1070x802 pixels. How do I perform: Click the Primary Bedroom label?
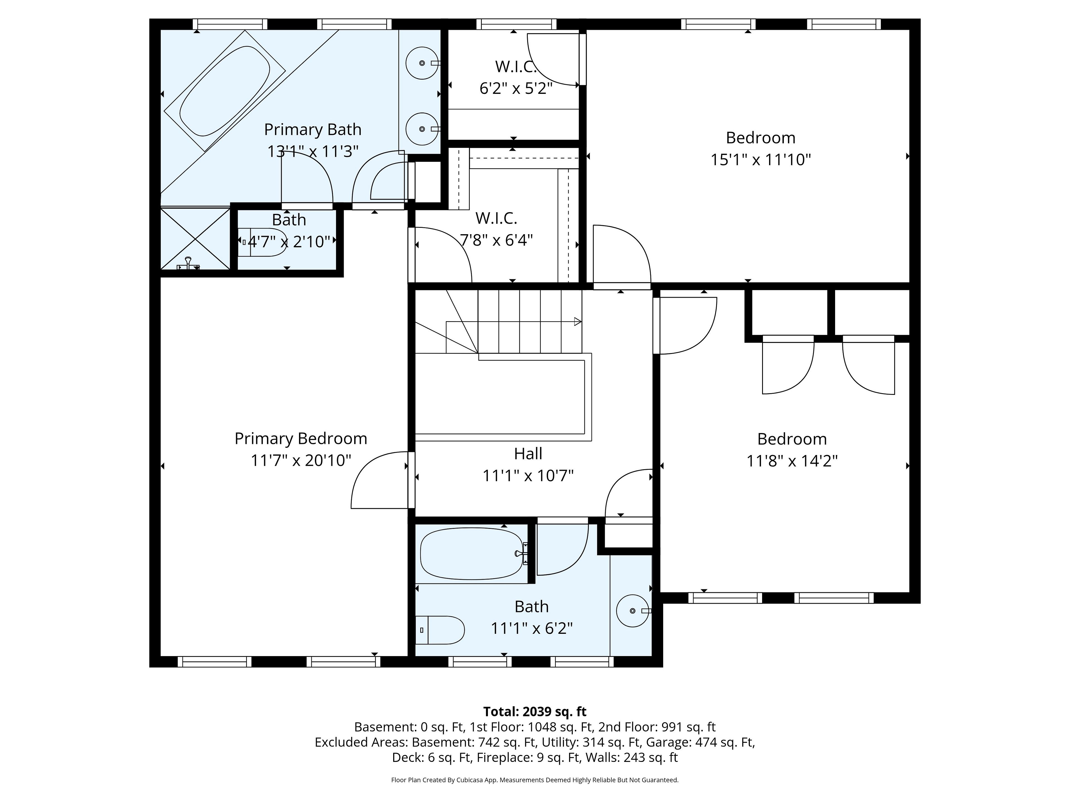click(301, 439)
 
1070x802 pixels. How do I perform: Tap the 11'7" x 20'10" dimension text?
click(301, 460)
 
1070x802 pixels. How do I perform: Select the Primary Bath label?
click(312, 129)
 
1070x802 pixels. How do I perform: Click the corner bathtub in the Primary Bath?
click(225, 91)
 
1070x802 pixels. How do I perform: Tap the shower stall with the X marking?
click(195, 239)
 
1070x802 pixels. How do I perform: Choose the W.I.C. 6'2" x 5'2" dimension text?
click(516, 89)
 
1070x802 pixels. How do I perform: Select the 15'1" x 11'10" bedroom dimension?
click(760, 160)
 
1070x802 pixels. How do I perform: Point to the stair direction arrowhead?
click(578, 321)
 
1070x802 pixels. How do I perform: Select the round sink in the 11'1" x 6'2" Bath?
click(633, 611)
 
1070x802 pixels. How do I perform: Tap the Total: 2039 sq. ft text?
click(534, 711)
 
